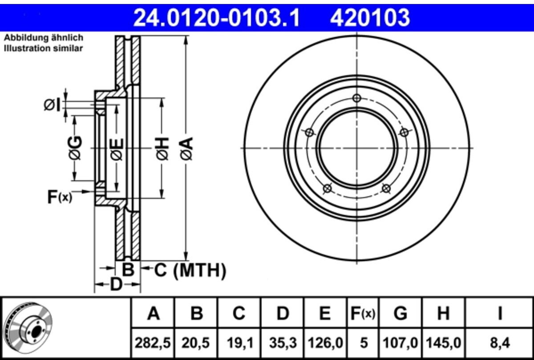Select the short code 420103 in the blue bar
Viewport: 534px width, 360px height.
[x=370, y=18]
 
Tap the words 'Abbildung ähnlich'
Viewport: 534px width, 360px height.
[x=44, y=38]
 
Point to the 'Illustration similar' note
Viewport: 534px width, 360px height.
[x=44, y=49]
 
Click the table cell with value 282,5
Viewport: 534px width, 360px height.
[x=153, y=343]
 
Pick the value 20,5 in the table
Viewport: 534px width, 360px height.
[x=196, y=343]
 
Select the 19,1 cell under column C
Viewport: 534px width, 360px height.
[x=239, y=343]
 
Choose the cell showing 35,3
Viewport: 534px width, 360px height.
[x=283, y=343]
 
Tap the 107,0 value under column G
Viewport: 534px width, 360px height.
[x=400, y=343]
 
